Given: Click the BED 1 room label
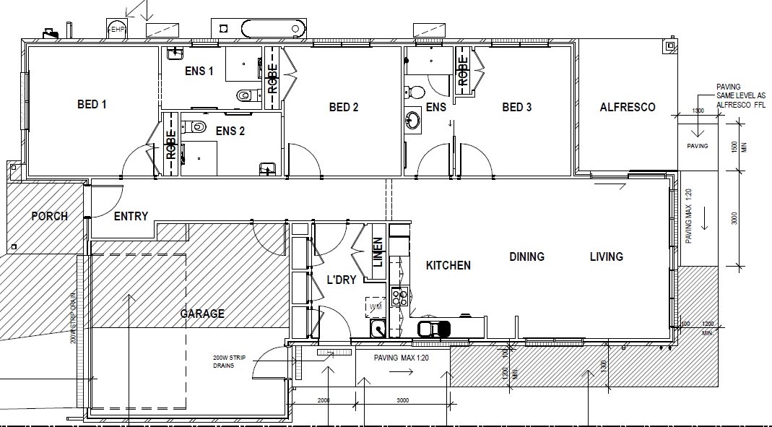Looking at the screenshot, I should pyautogui.click(x=92, y=105).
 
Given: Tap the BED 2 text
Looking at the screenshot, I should pyautogui.click(x=344, y=108).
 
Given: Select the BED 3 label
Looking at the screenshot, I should pyautogui.click(x=516, y=108).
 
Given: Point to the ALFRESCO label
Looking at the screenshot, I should pyautogui.click(x=628, y=108).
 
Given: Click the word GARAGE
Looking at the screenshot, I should pyautogui.click(x=202, y=314).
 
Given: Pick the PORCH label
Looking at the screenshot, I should pyautogui.click(x=50, y=216).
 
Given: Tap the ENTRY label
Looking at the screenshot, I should pyautogui.click(x=131, y=216).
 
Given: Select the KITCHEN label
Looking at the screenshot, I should pyautogui.click(x=448, y=266).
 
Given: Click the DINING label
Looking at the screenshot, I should pyautogui.click(x=526, y=256).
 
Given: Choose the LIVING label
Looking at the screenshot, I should pyautogui.click(x=606, y=256).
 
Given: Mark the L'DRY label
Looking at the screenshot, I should pyautogui.click(x=342, y=280).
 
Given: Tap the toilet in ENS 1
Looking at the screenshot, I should pyautogui.click(x=246, y=95).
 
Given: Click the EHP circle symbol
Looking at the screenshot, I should pyautogui.click(x=116, y=29).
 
